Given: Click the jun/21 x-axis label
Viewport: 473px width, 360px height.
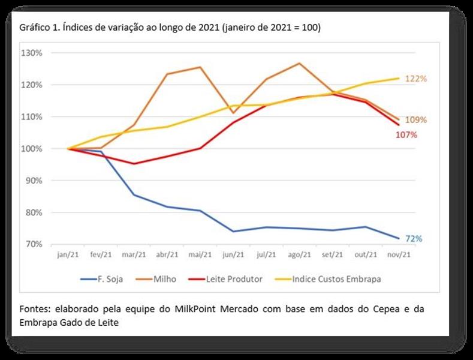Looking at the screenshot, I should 233,254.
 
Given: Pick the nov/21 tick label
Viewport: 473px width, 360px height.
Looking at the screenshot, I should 398,254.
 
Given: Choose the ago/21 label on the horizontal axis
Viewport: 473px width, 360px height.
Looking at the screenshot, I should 299,254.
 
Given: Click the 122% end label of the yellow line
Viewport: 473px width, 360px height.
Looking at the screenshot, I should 415,79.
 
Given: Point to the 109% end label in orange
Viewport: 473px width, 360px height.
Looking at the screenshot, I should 415,120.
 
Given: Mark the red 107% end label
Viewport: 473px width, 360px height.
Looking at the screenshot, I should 406,135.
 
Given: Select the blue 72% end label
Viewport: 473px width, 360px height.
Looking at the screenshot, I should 414,239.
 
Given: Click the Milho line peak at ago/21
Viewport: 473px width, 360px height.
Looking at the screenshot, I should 299,63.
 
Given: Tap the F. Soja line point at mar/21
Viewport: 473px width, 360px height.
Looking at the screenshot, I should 134,195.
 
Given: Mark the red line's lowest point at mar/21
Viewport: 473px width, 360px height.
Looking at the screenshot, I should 134,163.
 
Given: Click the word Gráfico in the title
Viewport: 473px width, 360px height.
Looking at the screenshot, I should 35,29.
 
